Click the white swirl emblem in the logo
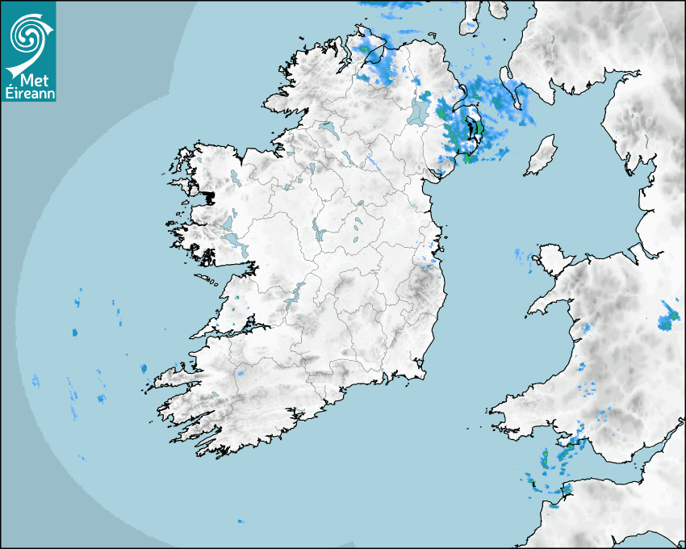[27, 34]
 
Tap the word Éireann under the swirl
[29, 92]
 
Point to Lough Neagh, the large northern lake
[420, 111]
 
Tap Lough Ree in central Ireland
[318, 231]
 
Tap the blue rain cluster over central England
[668, 318]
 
